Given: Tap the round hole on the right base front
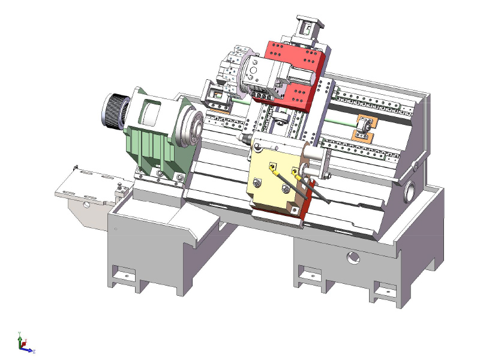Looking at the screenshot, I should (x=352, y=259).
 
